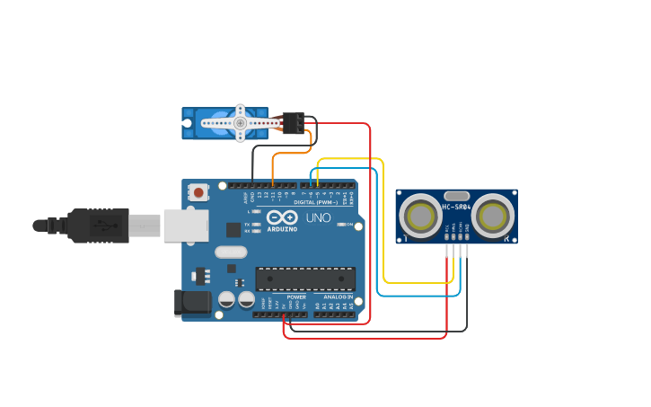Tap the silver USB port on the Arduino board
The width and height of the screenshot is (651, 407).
click(185, 226)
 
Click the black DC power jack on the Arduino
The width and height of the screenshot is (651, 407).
click(192, 303)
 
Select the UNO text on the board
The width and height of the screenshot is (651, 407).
click(319, 217)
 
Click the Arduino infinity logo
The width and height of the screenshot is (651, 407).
click(282, 217)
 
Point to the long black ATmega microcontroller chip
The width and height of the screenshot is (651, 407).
click(305, 279)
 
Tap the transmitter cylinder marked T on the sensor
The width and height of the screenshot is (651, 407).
click(419, 217)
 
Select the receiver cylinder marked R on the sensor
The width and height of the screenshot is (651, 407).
click(493, 217)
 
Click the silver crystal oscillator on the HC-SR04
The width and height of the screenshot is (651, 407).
click(456, 195)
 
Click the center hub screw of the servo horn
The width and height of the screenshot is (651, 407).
click(240, 123)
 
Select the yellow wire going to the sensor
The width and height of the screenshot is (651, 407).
click(383, 225)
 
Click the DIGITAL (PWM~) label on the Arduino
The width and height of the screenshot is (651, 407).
click(316, 202)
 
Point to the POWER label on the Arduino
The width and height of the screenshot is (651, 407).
click(296, 296)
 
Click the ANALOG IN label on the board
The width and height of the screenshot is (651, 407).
click(338, 296)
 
